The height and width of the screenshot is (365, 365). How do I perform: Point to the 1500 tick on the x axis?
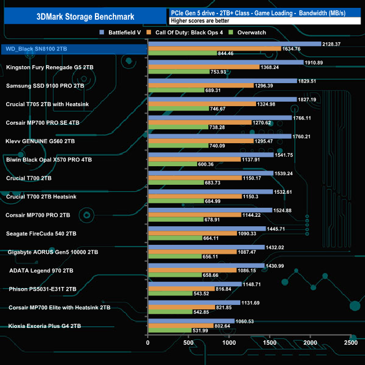point(270,342)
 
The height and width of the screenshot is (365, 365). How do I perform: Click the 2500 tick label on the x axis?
point(351,342)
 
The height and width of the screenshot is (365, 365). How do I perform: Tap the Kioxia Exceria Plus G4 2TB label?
point(44,326)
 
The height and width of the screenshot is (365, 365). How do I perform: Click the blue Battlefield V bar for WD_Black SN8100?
point(234,44)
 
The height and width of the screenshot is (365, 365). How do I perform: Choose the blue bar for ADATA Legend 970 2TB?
point(206,265)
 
